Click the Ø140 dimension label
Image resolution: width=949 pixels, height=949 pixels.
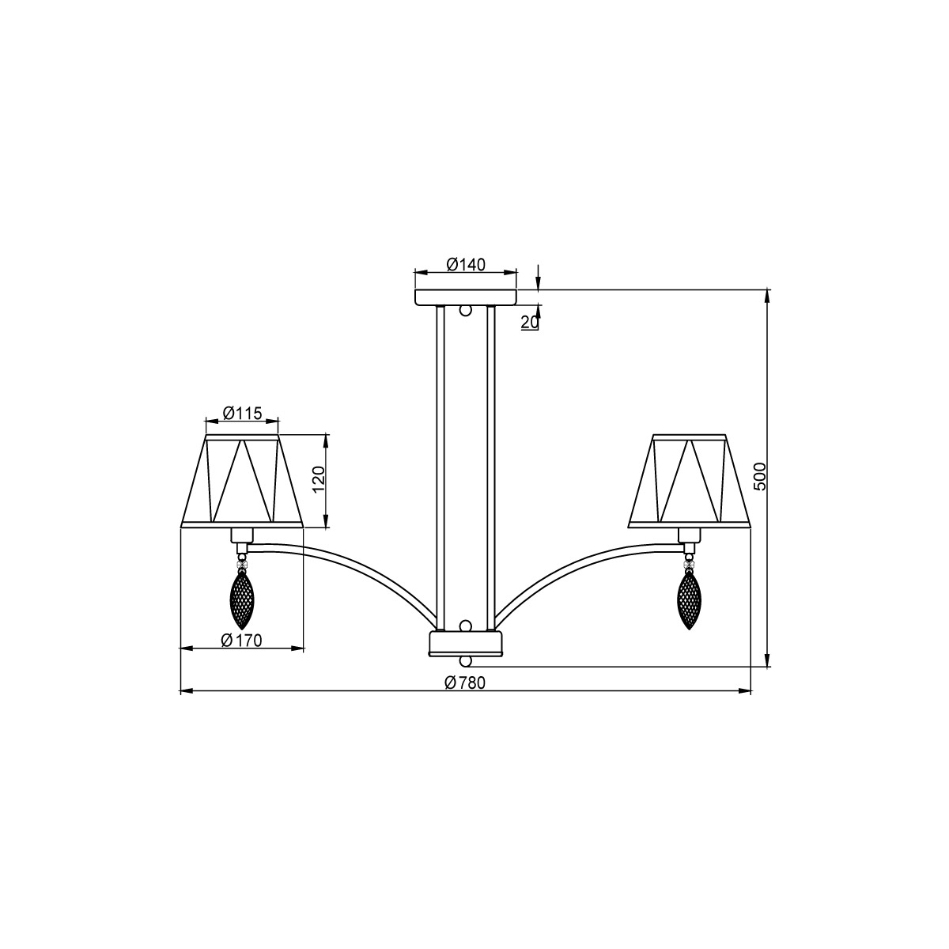[465, 264]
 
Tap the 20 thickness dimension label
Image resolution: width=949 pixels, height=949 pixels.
[530, 321]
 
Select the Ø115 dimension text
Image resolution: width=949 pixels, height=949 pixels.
[242, 413]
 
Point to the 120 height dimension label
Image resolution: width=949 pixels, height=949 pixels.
[319, 479]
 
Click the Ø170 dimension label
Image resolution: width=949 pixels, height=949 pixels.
[241, 641]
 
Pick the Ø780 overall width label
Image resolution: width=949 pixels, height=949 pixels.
[464, 683]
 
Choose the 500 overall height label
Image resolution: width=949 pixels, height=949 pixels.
[759, 477]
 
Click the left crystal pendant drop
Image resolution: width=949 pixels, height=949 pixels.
[241, 600]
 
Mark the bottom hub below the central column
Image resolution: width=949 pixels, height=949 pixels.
[465, 642]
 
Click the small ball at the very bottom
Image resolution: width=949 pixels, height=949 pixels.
[466, 660]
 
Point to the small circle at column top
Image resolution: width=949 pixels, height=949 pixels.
[466, 311]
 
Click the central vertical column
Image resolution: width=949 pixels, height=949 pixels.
[465, 467]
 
